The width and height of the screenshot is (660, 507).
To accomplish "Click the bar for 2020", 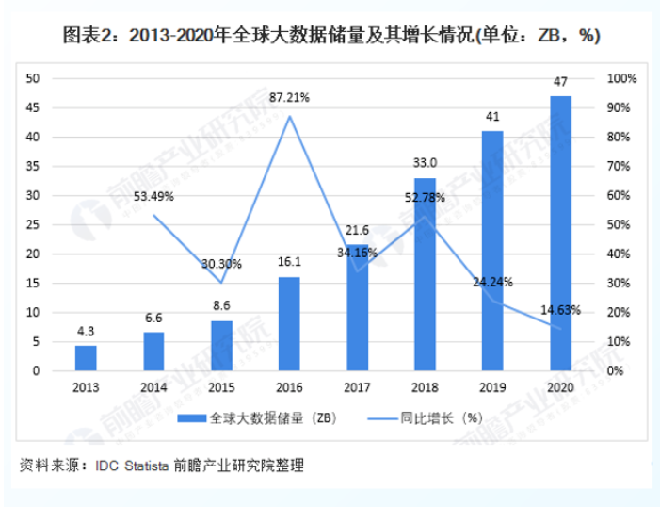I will [560, 233].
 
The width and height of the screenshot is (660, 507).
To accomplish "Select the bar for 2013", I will [86, 358].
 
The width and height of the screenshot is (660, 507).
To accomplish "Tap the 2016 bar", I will [289, 323].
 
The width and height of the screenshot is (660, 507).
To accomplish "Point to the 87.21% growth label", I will [289, 97].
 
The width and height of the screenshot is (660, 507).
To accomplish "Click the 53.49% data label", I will [153, 196].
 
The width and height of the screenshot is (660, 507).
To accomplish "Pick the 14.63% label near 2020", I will [560, 308].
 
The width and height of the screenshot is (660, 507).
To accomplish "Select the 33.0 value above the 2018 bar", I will [425, 162].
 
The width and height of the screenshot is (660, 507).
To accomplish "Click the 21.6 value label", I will [357, 229].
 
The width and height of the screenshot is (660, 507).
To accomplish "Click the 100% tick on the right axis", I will [623, 78].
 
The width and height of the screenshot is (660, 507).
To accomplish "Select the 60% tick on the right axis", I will [623, 195].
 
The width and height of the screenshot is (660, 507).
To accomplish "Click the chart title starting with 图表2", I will [330, 36].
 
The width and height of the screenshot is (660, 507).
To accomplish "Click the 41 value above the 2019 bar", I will [492, 117].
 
